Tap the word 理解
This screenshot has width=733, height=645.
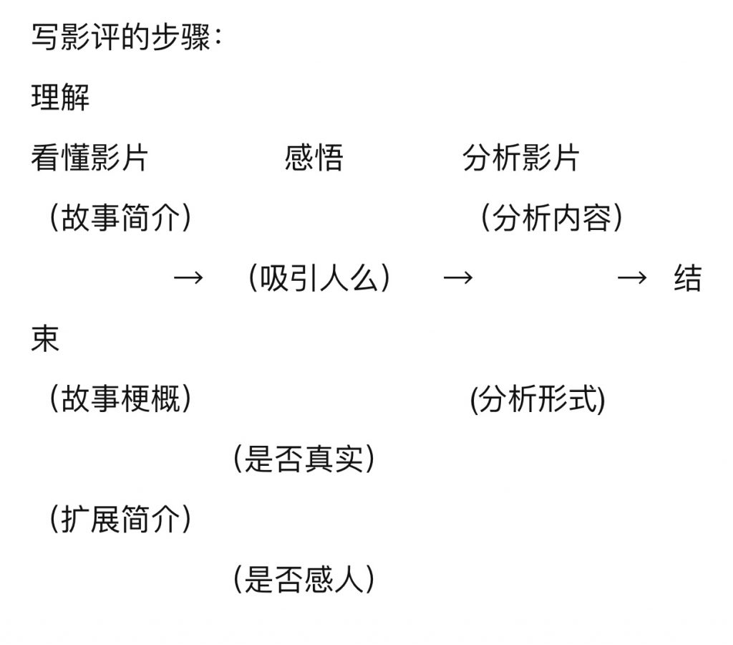point(60,97)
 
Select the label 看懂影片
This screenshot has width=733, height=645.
point(89,158)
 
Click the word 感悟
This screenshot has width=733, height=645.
point(314,158)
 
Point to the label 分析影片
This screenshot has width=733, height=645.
point(520,158)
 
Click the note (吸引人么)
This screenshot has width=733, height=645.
point(319,278)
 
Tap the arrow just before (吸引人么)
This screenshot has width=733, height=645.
point(189,278)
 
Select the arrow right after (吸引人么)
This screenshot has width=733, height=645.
point(458,278)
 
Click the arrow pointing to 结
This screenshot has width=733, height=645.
point(632,278)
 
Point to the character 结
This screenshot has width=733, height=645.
point(687,278)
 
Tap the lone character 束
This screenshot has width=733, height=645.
point(45,338)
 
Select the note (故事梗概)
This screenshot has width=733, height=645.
point(120,399)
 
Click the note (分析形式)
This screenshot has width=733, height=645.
point(537,399)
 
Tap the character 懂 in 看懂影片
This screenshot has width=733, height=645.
point(74,158)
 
